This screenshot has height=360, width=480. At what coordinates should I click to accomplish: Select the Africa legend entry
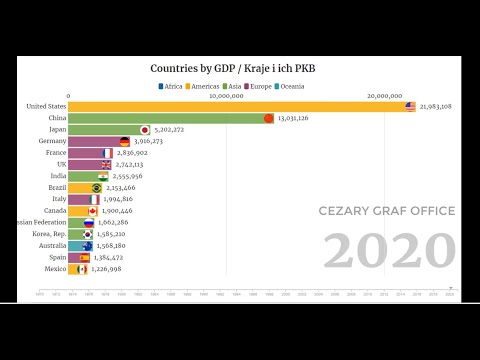174,87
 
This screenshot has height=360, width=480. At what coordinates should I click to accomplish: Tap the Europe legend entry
257,87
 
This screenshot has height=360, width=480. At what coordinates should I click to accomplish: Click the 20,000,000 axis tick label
384,97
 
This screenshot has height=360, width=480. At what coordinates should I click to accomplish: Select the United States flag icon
410,106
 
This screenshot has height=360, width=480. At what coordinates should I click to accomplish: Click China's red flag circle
268,118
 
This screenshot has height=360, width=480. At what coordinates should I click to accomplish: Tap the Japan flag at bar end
144,130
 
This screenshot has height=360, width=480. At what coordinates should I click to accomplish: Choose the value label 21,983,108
436,106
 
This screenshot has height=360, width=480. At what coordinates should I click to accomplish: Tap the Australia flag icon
87,245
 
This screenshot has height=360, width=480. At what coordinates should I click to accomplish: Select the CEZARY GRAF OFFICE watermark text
386,211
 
